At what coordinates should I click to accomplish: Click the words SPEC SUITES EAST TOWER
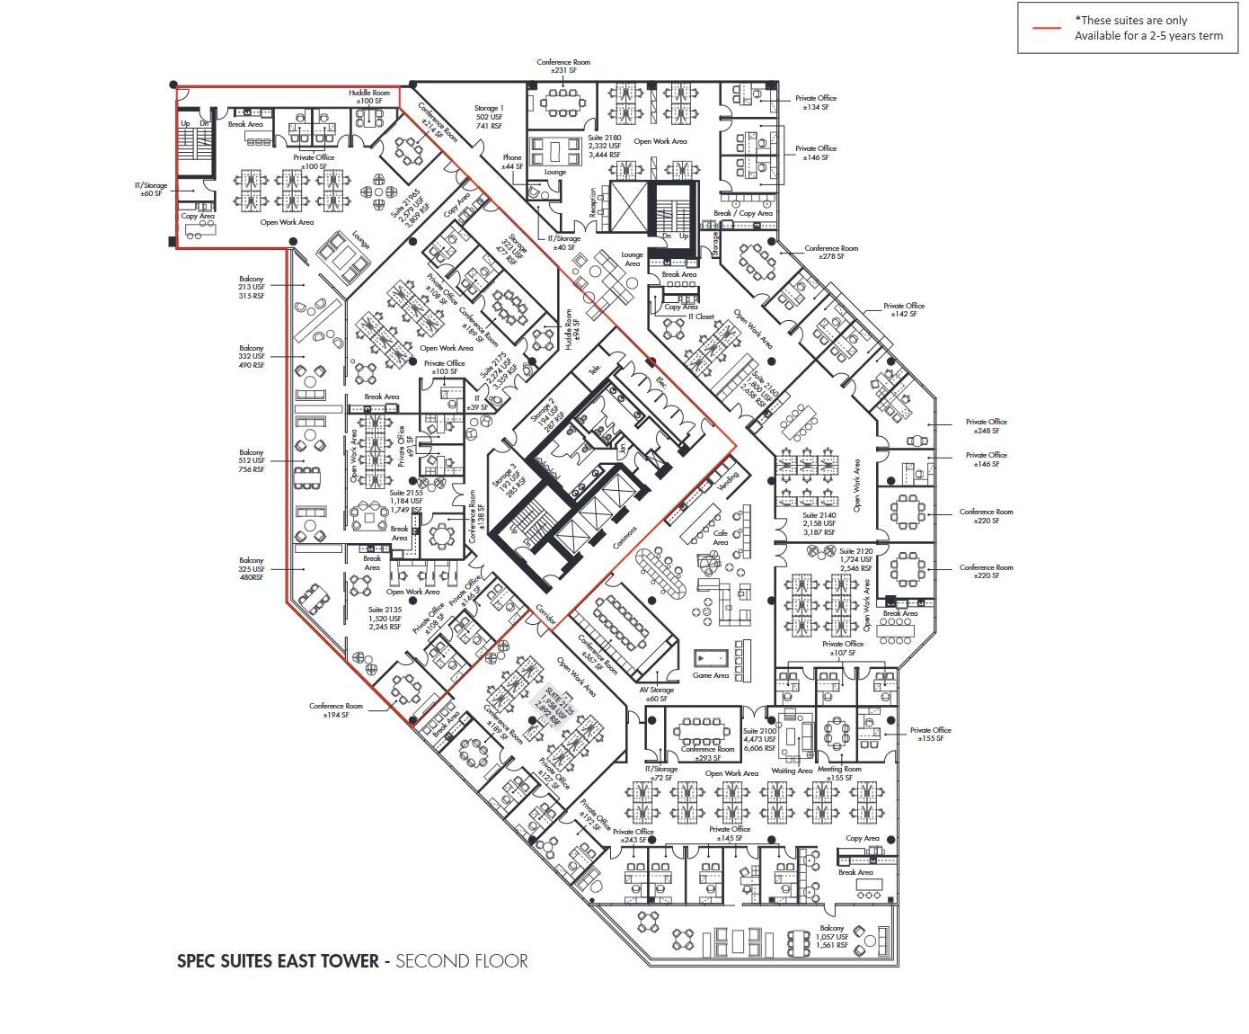click(x=278, y=960)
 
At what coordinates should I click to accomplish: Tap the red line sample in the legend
click(x=1046, y=28)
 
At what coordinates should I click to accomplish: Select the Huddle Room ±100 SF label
click(x=369, y=97)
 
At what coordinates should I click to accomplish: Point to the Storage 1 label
click(x=489, y=117)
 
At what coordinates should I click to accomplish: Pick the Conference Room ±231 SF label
click(x=563, y=67)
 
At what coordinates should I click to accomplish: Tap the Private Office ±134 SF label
click(x=816, y=103)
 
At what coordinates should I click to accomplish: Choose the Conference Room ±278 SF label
click(x=831, y=253)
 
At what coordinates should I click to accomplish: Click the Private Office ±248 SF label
click(x=986, y=426)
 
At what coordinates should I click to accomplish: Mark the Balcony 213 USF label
click(x=252, y=287)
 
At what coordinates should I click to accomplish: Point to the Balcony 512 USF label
click(x=252, y=460)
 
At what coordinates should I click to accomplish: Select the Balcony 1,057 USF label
click(x=832, y=937)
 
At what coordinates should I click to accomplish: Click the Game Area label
click(x=710, y=675)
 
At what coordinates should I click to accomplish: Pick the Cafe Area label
click(x=721, y=538)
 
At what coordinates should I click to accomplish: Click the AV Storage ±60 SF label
click(x=656, y=694)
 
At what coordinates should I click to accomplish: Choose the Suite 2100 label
click(x=759, y=739)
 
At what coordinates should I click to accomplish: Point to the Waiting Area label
click(x=792, y=771)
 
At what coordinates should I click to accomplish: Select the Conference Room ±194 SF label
click(x=336, y=710)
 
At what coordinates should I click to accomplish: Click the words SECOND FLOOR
click(x=462, y=960)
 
